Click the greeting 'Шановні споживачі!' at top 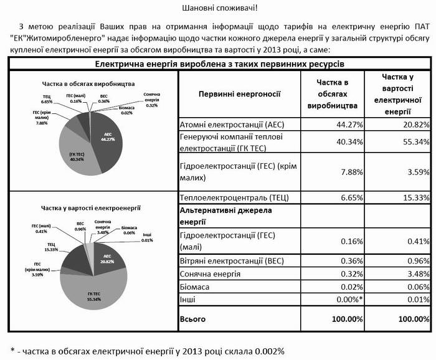218,9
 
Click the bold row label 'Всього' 192,318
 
